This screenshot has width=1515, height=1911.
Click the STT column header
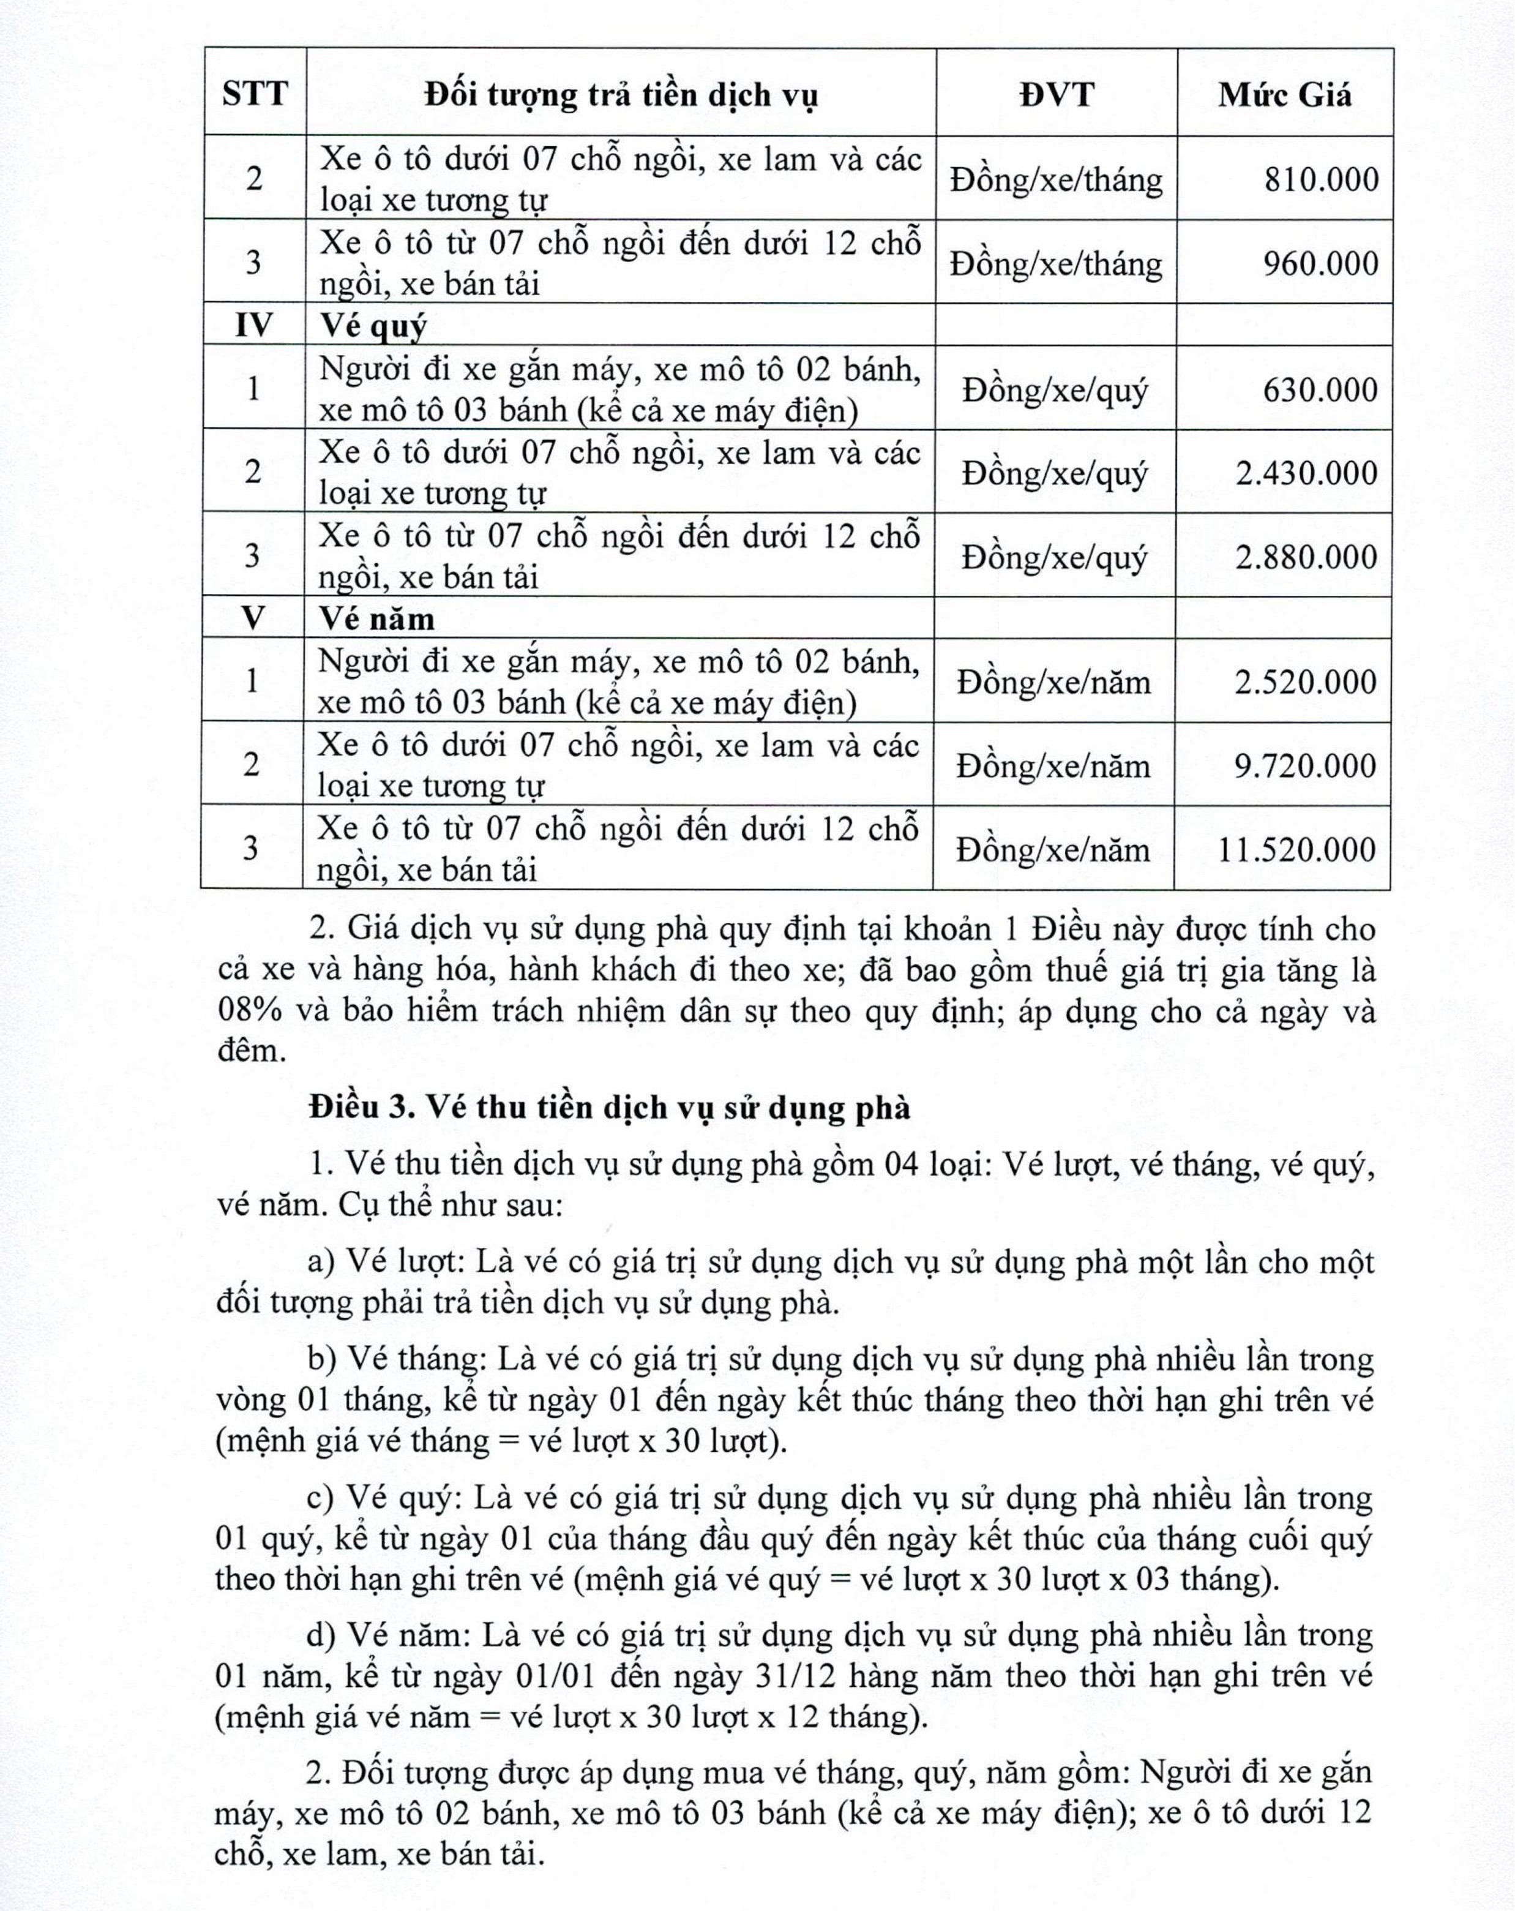255,93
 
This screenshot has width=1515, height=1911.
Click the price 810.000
1321,179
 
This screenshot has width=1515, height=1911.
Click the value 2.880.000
1307,557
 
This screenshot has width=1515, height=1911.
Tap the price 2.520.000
1306,681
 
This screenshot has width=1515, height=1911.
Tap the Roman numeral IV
253,325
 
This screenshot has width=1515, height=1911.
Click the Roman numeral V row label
252,618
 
